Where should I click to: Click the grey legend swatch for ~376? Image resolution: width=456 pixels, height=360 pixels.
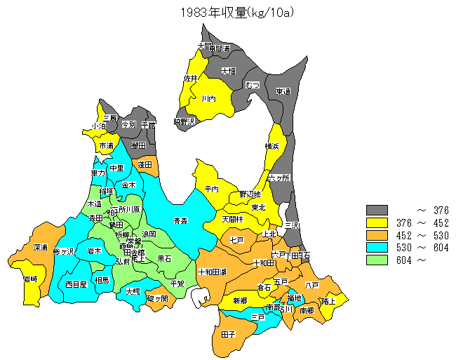(377, 210)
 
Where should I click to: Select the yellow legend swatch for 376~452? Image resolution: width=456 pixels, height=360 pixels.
(377, 222)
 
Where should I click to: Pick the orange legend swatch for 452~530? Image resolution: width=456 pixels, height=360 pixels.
(377, 235)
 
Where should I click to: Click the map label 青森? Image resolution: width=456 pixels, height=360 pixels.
(181, 221)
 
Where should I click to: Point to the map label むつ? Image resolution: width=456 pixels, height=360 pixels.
(253, 85)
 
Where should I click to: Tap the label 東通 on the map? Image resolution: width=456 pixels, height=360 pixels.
(283, 91)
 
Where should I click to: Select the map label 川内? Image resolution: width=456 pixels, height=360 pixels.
(208, 100)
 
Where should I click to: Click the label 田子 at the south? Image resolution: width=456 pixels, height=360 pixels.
(228, 335)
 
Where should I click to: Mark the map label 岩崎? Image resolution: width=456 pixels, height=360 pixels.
(30, 279)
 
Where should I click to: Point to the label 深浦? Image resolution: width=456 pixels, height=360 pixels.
(40, 248)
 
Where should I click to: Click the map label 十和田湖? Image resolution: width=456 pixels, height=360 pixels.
(212, 272)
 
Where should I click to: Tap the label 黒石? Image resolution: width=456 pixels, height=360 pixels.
(164, 258)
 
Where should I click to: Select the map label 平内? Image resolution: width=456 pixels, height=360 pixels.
(212, 189)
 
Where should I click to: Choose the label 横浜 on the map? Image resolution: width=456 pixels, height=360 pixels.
(272, 146)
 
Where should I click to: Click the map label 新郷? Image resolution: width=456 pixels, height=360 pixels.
(240, 300)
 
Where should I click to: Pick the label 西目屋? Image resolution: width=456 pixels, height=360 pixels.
(76, 284)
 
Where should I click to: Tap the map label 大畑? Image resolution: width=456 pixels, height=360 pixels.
(228, 71)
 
